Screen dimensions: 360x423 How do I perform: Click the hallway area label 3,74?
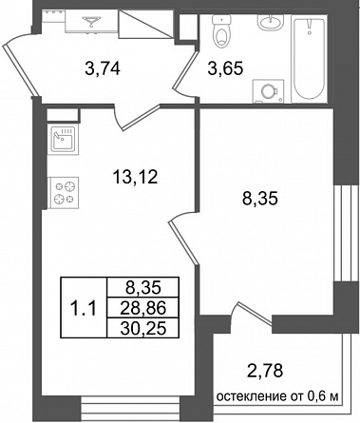pos(103,68)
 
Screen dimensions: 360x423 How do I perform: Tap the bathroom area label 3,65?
pos(225,68)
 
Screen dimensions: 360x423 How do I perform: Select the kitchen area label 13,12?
pos(135,177)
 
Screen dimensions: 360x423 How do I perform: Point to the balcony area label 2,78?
pos(264,371)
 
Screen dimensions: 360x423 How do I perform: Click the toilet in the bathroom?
pos(221,31)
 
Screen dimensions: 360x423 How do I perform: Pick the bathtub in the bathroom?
pos(310,59)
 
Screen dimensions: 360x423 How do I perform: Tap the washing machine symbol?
pos(268,91)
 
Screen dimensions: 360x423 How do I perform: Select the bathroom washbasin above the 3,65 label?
pos(270,22)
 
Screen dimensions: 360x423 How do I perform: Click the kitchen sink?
pos(63,140)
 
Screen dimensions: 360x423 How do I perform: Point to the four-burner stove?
pos(63,193)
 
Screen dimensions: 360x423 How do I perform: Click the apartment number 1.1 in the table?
pos(83,308)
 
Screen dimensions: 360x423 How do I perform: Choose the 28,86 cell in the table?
pos(143,308)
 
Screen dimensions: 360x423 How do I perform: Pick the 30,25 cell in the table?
pos(143,328)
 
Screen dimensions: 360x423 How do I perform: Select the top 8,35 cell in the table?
pos(143,288)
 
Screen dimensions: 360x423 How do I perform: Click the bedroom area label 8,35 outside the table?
pos(259,199)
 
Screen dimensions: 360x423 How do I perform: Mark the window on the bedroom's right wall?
pos(347,233)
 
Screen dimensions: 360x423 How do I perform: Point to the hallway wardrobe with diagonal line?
pos(146,24)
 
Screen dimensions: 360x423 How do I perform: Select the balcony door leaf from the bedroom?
pos(255,314)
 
